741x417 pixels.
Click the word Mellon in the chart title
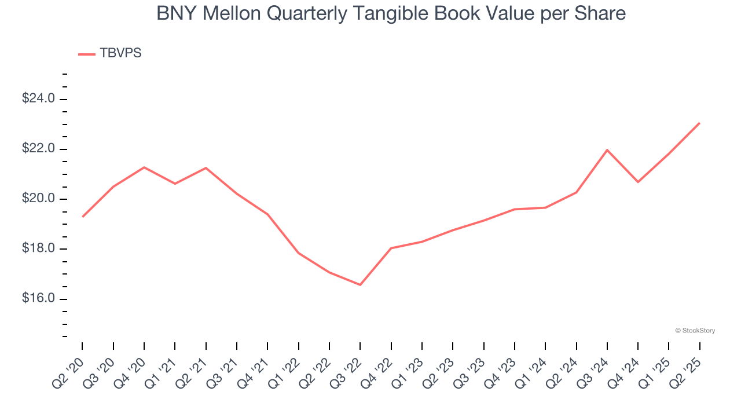click(x=230, y=13)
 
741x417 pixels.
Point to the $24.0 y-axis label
click(x=38, y=99)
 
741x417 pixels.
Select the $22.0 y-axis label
click(x=38, y=149)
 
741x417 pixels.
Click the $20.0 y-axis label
click(x=38, y=199)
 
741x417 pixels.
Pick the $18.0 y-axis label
click(x=38, y=249)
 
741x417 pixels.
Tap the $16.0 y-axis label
click(x=38, y=299)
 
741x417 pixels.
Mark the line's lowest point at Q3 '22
click(x=360, y=285)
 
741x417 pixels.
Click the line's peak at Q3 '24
click(x=607, y=150)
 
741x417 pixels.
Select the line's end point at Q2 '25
click(x=699, y=123)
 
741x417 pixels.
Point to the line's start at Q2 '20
click(x=83, y=217)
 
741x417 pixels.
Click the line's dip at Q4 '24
click(x=638, y=182)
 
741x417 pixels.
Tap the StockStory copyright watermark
click(x=695, y=331)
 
